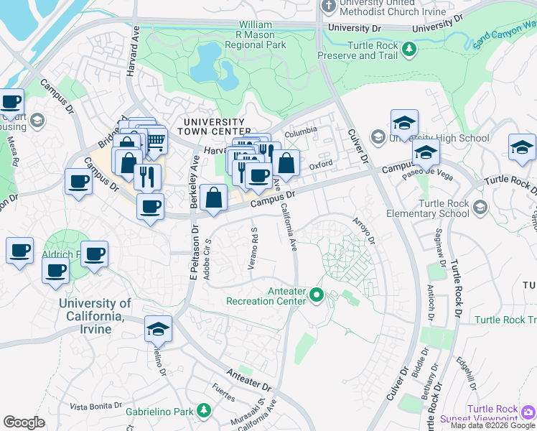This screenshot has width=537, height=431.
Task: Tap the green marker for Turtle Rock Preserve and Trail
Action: pyautogui.click(x=408, y=50)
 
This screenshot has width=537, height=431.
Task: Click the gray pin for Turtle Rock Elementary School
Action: pyautogui.click(x=480, y=208)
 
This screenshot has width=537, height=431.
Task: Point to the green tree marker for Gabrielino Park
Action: pyautogui.click(x=205, y=410)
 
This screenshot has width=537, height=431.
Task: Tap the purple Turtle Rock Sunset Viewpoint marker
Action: pyautogui.click(x=528, y=412)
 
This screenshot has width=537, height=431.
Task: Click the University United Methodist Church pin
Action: pyautogui.click(x=328, y=6)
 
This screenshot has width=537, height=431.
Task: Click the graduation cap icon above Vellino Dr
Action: pyautogui.click(x=158, y=328)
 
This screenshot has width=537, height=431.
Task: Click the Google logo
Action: pyautogui.click(x=24, y=422)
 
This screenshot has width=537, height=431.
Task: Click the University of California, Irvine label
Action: pyautogui.click(x=95, y=316)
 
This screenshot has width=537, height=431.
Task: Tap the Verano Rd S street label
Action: pyautogui.click(x=253, y=248)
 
